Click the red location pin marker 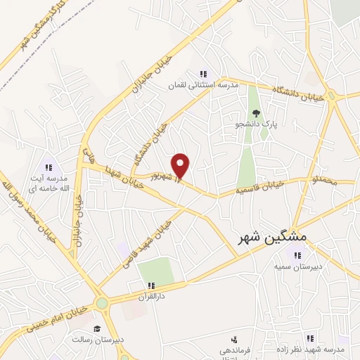pyautogui.click(x=181, y=165)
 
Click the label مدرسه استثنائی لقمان pyautogui.click(x=202, y=85)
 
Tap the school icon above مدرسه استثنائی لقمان pyautogui.click(x=203, y=74)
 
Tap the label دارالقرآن pyautogui.click(x=150, y=297)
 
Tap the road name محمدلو pyautogui.click(x=326, y=181)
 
